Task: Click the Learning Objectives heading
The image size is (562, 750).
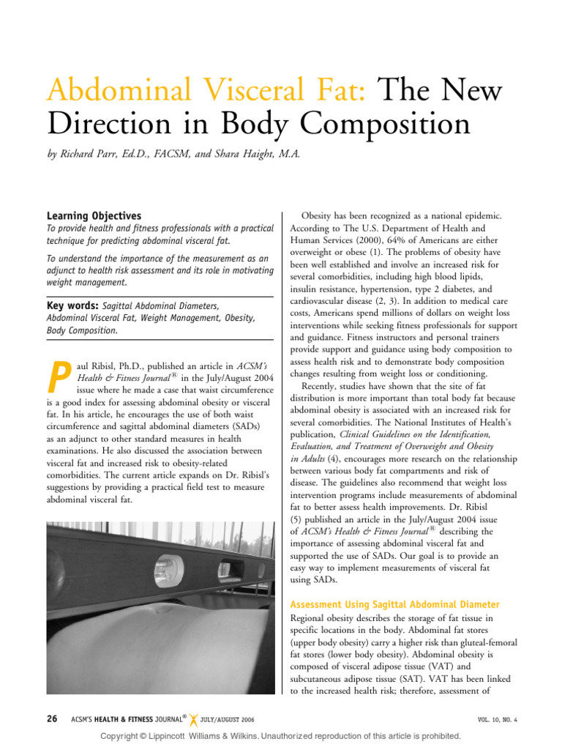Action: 94,216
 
